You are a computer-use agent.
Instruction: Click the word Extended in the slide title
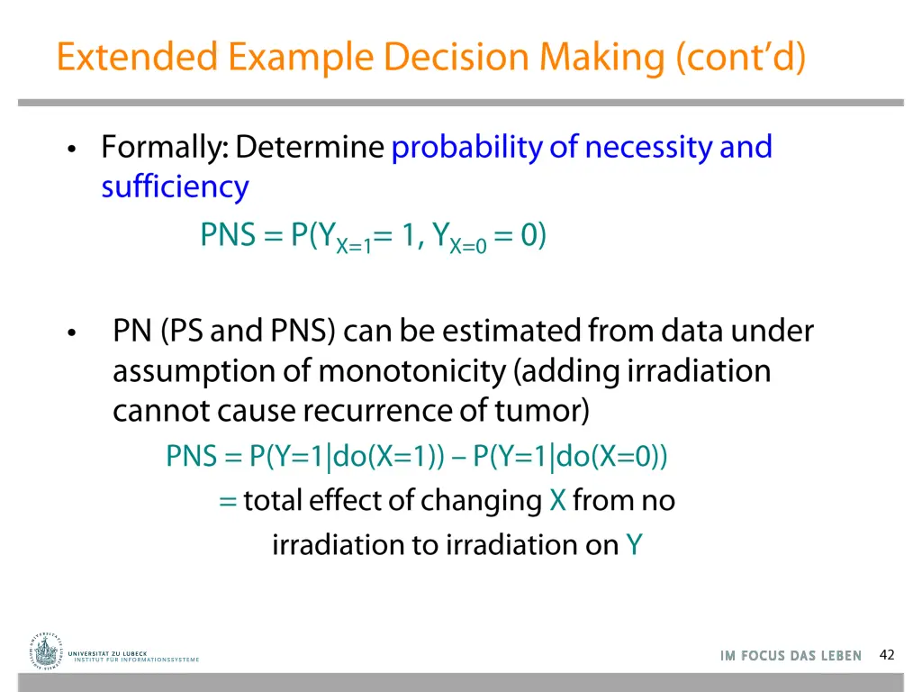coord(137,57)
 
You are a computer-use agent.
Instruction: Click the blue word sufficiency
coord(175,187)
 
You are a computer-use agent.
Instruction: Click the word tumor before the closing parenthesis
coord(538,411)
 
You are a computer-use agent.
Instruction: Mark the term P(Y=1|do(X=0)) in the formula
coord(571,457)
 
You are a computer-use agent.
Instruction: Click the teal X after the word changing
coord(557,501)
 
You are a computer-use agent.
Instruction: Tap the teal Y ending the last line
coord(634,545)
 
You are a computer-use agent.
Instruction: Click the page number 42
coord(886,655)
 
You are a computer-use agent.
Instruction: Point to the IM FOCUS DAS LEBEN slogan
coord(791,656)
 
